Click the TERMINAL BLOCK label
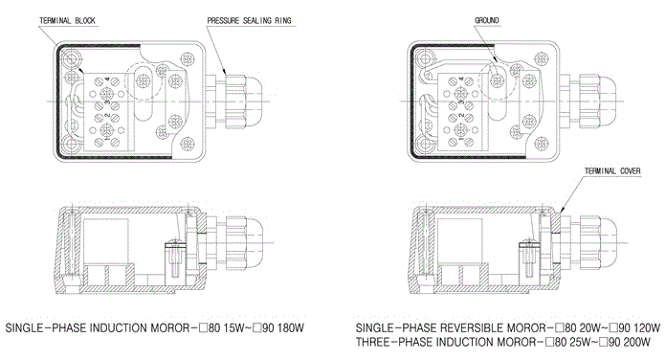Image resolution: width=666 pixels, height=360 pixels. click(x=67, y=20)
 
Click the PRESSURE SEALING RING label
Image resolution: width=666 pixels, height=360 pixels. click(x=250, y=20)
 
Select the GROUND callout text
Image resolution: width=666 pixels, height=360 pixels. click(x=487, y=20)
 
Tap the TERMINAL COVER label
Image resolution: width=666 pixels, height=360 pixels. click(x=612, y=170)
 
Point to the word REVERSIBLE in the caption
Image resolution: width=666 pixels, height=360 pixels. click(x=471, y=328)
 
